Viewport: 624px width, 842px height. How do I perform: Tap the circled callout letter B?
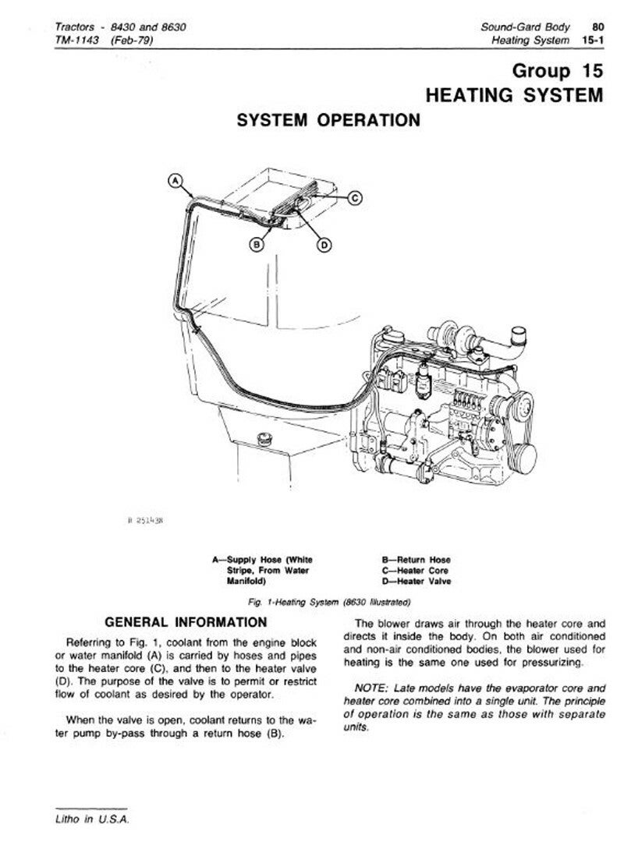(x=255, y=244)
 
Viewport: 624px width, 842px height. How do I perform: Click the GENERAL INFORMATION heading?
(x=185, y=622)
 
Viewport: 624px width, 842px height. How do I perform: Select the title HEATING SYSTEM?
(x=514, y=95)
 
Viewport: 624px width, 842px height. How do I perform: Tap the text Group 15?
(x=557, y=71)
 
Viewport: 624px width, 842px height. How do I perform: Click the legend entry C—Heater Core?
(x=415, y=570)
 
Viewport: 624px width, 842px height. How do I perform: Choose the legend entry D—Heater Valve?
(x=416, y=581)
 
